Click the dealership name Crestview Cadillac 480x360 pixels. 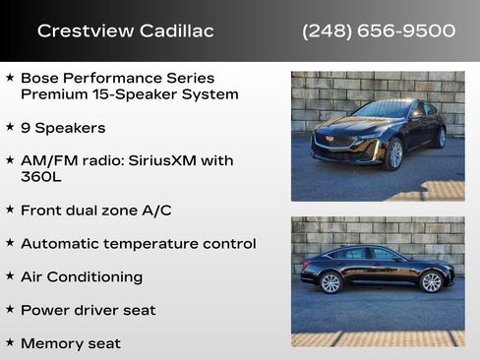click(x=125, y=30)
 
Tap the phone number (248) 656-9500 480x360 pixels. click(x=379, y=30)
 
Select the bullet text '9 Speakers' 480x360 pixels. click(x=63, y=128)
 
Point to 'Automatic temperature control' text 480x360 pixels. click(x=138, y=243)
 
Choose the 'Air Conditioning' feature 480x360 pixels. click(x=82, y=276)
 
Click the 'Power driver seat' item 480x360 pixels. click(x=88, y=310)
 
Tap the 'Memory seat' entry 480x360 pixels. click(x=71, y=343)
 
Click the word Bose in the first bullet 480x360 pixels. click(x=39, y=78)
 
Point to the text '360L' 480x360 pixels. click(x=40, y=177)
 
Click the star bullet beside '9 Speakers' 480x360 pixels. click(x=10, y=127)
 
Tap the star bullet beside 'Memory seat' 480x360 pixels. click(x=10, y=342)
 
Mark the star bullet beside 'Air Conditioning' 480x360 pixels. click(x=10, y=275)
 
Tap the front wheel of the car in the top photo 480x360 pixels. click(x=395, y=154)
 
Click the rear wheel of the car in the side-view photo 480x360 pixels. click(x=330, y=282)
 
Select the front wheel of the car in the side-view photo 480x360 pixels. click(x=431, y=282)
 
